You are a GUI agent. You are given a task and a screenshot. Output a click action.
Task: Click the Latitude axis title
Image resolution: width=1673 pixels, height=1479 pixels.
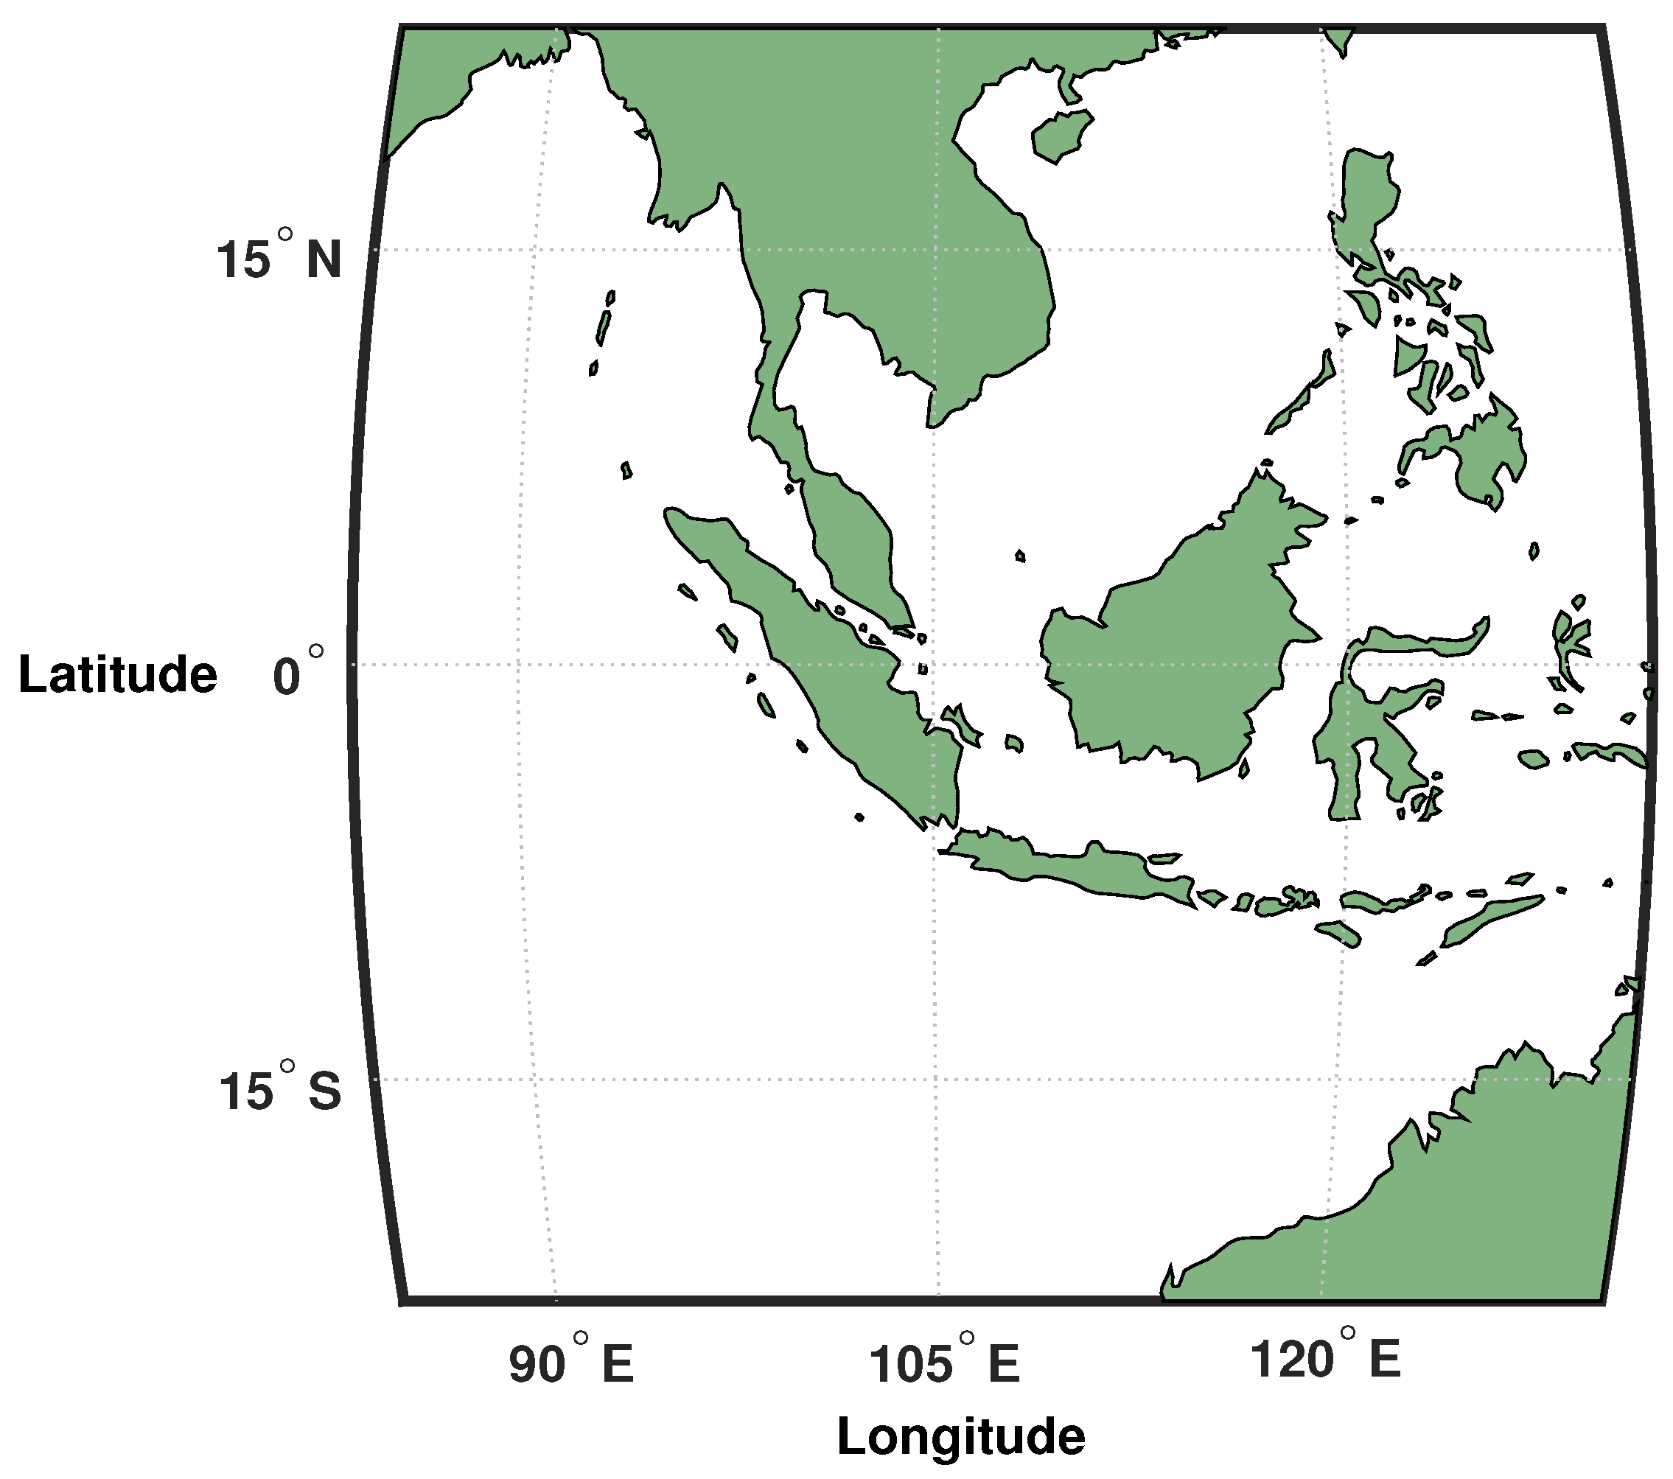pyautogui.click(x=118, y=674)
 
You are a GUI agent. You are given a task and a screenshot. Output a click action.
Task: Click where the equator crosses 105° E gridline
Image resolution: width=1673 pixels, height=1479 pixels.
pyautogui.click(x=938, y=665)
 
